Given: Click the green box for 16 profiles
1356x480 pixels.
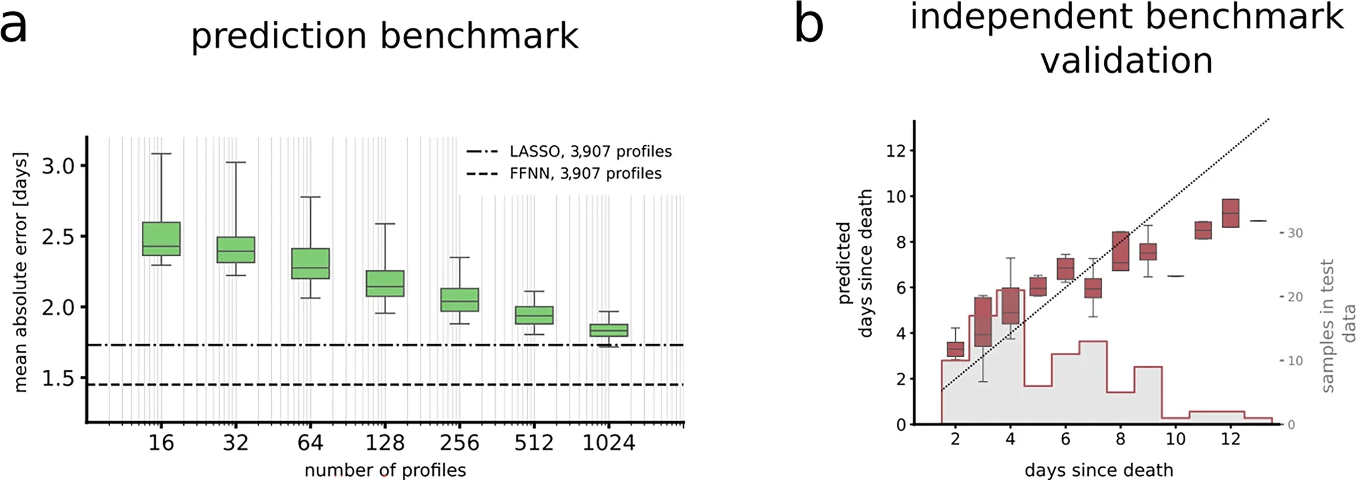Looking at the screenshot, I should click(x=162, y=239).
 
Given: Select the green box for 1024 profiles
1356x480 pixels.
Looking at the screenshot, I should click(x=608, y=330).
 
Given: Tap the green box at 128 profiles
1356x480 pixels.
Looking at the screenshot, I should click(x=385, y=283).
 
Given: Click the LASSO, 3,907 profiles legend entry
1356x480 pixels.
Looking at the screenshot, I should click(x=570, y=152).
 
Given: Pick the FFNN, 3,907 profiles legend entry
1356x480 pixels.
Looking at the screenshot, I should click(x=564, y=174).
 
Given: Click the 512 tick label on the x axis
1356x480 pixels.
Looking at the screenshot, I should click(x=534, y=443).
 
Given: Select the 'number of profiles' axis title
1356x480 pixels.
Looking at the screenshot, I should click(x=385, y=470).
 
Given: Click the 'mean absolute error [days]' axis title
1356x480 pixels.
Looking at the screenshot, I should click(x=21, y=272).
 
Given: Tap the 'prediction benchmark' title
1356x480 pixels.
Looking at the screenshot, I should click(x=384, y=36).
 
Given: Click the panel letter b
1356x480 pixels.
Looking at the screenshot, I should click(x=808, y=26).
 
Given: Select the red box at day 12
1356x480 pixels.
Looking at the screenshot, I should click(x=1230, y=213).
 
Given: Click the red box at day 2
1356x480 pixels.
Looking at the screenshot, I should click(x=955, y=350).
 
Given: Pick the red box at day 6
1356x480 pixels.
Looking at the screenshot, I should click(x=1065, y=269).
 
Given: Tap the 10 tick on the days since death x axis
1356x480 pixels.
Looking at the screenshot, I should click(x=1175, y=439).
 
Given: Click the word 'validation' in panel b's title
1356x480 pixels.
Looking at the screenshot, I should click(x=1126, y=61).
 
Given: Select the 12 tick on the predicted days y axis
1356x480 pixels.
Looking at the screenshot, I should click(x=896, y=151).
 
